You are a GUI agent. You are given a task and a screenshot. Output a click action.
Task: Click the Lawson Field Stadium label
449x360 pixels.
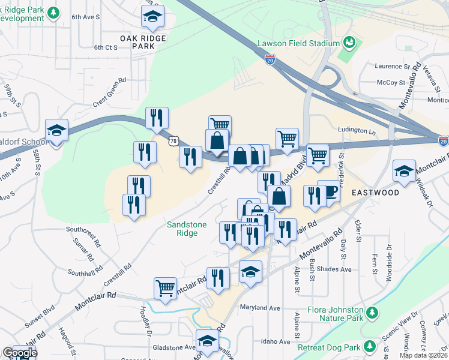[x=298, y=43]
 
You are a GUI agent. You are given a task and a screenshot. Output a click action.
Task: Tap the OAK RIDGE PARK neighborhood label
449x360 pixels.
[x=142, y=41]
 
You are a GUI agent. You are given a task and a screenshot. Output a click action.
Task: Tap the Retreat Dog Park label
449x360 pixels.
[x=330, y=347]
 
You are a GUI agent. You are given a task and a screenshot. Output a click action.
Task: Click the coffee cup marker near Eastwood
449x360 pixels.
[x=328, y=191]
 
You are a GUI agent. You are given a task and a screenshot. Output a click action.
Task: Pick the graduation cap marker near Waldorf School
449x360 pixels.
[x=57, y=130]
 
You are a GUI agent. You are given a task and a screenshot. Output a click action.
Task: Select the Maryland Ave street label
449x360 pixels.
[x=261, y=308]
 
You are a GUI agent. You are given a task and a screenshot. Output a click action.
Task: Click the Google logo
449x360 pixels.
[x=20, y=353]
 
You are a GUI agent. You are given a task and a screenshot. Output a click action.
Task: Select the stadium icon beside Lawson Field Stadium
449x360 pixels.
[x=349, y=43]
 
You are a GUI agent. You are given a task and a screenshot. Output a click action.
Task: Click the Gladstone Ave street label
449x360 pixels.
[x=173, y=347]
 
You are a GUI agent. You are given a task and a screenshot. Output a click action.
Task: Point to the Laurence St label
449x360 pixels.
[x=392, y=66]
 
